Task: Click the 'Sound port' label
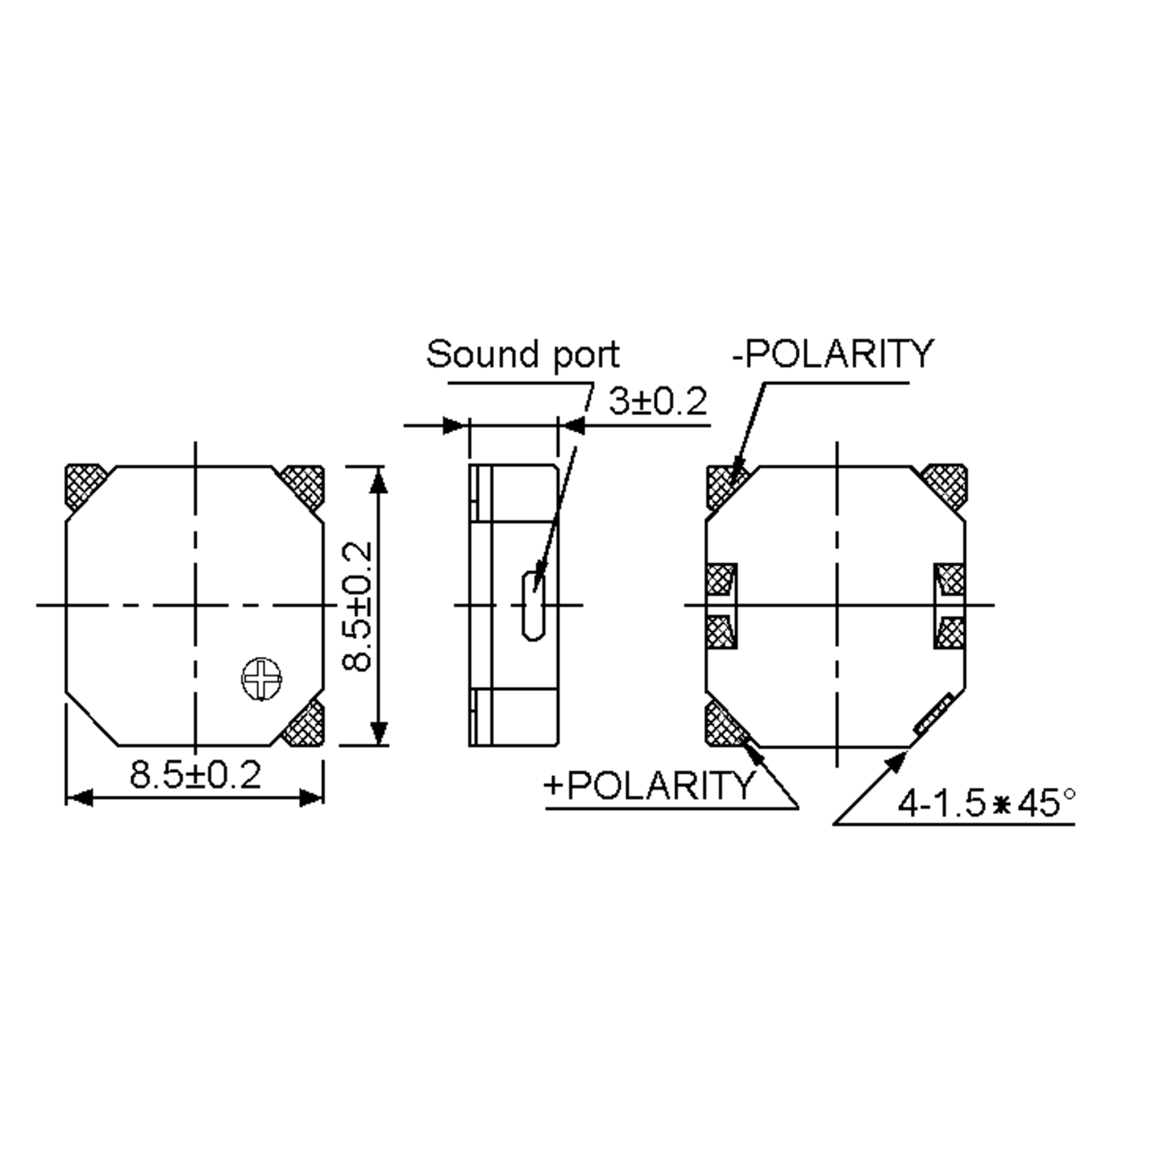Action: [523, 354]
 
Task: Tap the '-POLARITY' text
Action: [832, 354]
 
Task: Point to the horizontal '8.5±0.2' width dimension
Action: [195, 775]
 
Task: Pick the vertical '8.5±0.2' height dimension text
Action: [358, 606]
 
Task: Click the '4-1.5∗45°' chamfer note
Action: [986, 803]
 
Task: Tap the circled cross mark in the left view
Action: [262, 678]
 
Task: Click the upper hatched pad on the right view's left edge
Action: [720, 579]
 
